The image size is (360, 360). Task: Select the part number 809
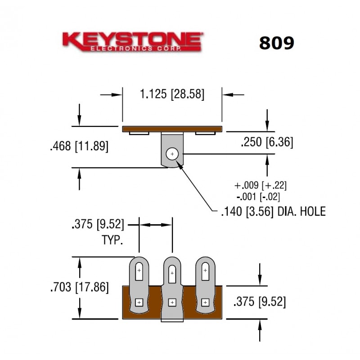point(276,43)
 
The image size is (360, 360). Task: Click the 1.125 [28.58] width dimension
point(172,94)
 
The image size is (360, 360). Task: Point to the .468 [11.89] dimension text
point(79,146)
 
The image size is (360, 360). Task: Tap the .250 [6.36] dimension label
point(266,142)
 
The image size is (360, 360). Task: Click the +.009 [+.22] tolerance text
point(261,185)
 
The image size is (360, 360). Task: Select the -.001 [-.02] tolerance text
point(261,196)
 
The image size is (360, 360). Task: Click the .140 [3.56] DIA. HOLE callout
point(273,211)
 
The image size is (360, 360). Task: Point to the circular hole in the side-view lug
point(172,154)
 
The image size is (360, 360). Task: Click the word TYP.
point(112,240)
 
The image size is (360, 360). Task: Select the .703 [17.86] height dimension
point(79,287)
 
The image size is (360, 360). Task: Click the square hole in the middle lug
point(172,303)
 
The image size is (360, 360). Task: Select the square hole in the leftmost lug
point(139,302)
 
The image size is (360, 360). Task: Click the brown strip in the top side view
point(172,129)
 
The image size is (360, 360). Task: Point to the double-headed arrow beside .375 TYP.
point(155,224)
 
